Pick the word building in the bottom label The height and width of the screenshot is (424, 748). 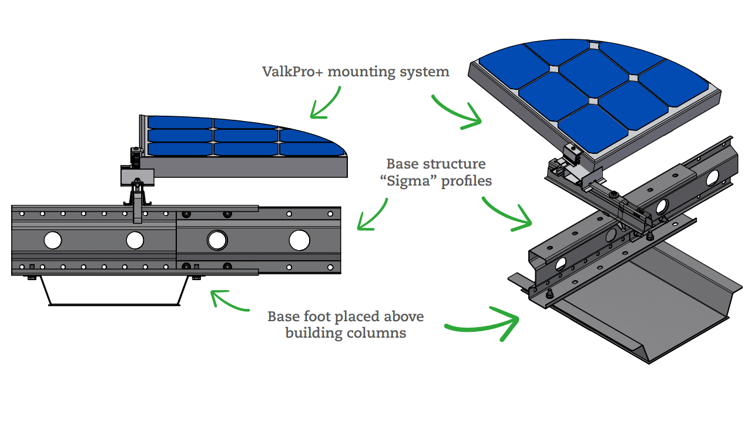click(312, 333)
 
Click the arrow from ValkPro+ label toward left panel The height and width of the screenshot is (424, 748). click(325, 104)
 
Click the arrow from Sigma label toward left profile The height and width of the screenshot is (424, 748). click(374, 216)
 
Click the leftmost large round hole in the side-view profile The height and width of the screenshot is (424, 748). click(52, 240)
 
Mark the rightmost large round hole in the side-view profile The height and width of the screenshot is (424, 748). click(299, 240)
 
